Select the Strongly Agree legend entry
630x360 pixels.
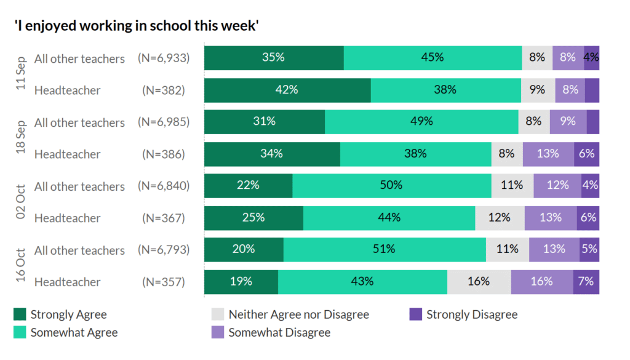68,314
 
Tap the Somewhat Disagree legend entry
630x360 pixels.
279,332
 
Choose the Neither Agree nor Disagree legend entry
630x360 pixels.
298,314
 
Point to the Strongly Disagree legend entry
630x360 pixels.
471,314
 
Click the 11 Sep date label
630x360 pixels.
21,74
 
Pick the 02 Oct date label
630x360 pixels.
21,202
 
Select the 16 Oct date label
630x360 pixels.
21,266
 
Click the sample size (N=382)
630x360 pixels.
164,90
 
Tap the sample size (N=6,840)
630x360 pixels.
164,186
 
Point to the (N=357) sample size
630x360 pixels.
164,282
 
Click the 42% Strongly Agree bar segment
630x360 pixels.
287,90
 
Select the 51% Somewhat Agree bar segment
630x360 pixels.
385,250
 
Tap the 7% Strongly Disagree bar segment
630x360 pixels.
586,282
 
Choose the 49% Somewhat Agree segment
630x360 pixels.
421,122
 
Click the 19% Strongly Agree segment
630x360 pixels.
241,282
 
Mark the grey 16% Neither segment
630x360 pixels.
479,282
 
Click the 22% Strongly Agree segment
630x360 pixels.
248,186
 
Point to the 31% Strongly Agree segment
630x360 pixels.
264,122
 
